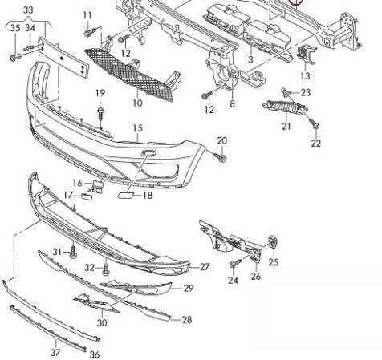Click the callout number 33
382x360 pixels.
click(28, 10)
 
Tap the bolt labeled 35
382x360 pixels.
click(16, 57)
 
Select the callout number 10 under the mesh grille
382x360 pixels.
click(137, 103)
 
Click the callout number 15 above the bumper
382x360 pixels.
click(138, 128)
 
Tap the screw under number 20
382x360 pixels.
click(222, 158)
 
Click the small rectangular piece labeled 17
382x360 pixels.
click(87, 197)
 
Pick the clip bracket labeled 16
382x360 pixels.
click(98, 185)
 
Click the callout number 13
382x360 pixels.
click(306, 75)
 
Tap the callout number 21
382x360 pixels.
click(286, 125)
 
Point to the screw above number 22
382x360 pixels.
click(315, 123)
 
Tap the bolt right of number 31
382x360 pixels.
click(73, 252)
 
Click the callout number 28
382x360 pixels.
click(187, 319)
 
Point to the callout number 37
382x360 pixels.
click(55, 353)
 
